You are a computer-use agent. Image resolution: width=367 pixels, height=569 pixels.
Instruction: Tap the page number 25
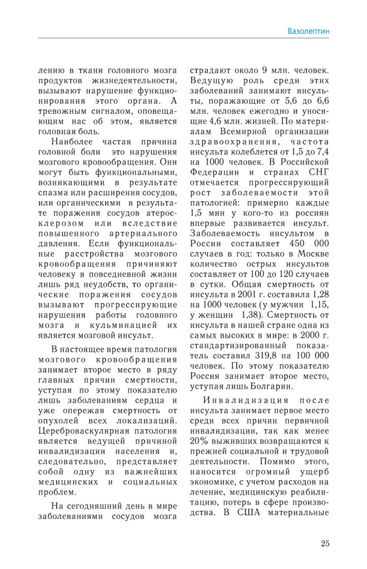325,543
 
